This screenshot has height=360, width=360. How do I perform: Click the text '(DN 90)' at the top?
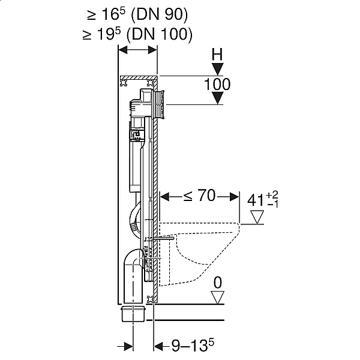pyautogui.click(x=159, y=14)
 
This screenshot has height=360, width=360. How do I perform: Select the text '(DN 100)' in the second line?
pyautogui.click(x=160, y=34)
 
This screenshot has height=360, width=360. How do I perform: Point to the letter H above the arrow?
pyautogui.click(x=217, y=55)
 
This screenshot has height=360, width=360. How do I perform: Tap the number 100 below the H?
pyautogui.click(x=217, y=84)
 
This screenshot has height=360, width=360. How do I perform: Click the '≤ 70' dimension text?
pyautogui.click(x=200, y=196)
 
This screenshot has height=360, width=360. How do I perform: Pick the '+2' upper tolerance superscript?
pyautogui.click(x=272, y=195)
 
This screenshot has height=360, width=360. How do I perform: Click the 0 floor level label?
pyautogui.click(x=218, y=283)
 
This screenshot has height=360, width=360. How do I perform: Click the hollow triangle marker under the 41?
pyautogui.click(x=257, y=217)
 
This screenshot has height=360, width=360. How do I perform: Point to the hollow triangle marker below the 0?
pyautogui.click(x=217, y=298)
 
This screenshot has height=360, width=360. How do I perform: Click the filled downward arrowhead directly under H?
pyautogui.click(x=217, y=70)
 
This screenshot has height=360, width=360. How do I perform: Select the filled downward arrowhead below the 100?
pyautogui.click(x=217, y=98)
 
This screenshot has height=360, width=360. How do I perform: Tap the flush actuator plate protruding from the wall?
pyautogui.click(x=160, y=104)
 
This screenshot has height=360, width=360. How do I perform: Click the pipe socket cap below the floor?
pyautogui.click(x=133, y=314)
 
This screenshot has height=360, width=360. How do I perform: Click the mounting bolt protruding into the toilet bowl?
pyautogui.click(x=163, y=239)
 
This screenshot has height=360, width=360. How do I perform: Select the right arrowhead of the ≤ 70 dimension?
pyautogui.click(x=234, y=197)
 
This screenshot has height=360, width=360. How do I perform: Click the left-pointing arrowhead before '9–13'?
pyautogui.click(x=159, y=346)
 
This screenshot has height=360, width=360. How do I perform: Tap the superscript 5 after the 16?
pyautogui.click(x=122, y=11)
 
